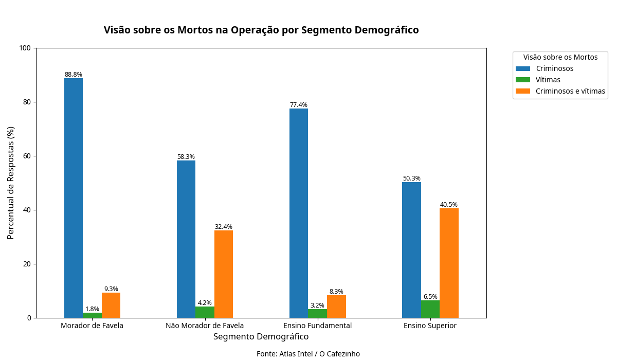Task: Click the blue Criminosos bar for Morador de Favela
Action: coord(74,198)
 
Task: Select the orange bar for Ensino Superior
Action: coord(449,263)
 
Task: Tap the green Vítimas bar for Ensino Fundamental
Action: coord(317,313)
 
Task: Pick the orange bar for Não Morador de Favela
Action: coord(224,274)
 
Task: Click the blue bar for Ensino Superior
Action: coord(411,250)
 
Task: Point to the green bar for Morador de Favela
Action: coord(93,315)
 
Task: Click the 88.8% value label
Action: coord(74,75)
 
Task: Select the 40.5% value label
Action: coord(449,205)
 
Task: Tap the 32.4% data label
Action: coord(224,227)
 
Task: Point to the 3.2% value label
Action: coord(317,305)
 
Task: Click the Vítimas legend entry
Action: coord(548,80)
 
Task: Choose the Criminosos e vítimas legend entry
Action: coord(570,92)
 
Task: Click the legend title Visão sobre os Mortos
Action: coord(560,57)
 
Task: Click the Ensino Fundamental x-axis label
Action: coord(317,326)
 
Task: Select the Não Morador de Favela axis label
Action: coord(205,326)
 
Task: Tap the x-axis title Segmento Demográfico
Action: coord(261,337)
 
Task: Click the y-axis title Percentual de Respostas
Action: coord(11,183)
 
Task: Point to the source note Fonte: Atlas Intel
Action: coord(308,354)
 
